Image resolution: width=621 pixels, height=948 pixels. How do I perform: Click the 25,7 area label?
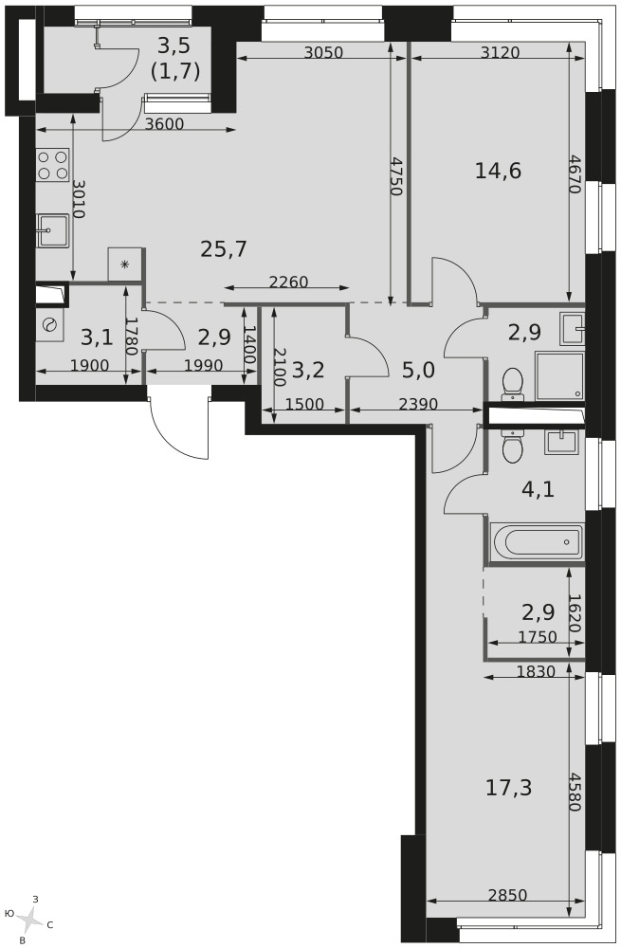[x=224, y=248]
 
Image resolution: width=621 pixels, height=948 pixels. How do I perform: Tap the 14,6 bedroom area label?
[x=498, y=171]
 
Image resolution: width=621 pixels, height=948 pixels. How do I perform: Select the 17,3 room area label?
[x=508, y=788]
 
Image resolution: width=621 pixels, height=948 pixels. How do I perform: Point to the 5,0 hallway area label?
[x=419, y=369]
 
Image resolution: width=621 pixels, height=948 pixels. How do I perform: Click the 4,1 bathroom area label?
[x=539, y=488]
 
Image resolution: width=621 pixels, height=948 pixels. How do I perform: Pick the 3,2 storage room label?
[x=308, y=369]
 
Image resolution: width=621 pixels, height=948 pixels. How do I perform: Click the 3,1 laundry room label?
[x=97, y=337]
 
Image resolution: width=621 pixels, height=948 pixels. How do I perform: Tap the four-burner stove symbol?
[x=52, y=166]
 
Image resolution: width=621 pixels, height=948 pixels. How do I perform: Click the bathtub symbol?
[x=537, y=542]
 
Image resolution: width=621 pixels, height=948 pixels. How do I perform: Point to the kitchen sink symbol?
[x=53, y=230]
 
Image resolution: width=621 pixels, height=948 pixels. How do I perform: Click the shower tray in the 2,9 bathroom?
[x=559, y=376]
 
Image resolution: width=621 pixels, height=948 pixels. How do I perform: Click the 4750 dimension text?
[x=394, y=176]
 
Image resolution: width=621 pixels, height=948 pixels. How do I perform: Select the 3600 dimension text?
[x=165, y=124]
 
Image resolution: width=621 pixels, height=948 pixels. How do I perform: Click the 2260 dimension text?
[x=288, y=282]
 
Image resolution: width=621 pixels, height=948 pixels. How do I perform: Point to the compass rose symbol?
[x=28, y=920]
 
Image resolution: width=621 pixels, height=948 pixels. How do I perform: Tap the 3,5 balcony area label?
[x=175, y=58]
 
